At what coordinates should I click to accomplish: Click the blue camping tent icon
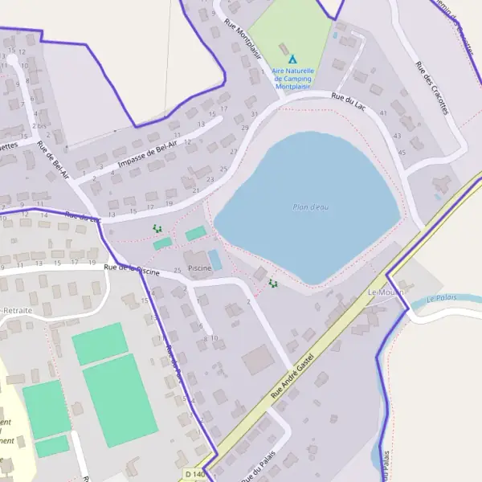tap(292, 59)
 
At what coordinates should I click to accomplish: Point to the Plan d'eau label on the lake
tap(310, 207)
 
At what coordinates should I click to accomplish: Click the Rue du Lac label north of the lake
tap(348, 100)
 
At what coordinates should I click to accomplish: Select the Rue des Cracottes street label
tap(431, 88)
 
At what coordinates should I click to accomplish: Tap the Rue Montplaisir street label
tap(243, 39)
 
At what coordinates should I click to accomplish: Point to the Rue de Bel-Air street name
tap(54, 160)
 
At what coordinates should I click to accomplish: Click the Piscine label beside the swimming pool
tap(198, 265)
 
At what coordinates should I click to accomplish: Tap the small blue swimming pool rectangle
tap(215, 259)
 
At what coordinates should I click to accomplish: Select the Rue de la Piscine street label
tap(133, 270)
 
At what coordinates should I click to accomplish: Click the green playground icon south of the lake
tap(273, 283)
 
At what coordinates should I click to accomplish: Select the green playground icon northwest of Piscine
tap(157, 229)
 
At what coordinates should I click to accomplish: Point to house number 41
tap(383, 113)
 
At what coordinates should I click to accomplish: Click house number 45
tap(402, 152)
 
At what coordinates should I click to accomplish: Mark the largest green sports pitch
tap(119, 400)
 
